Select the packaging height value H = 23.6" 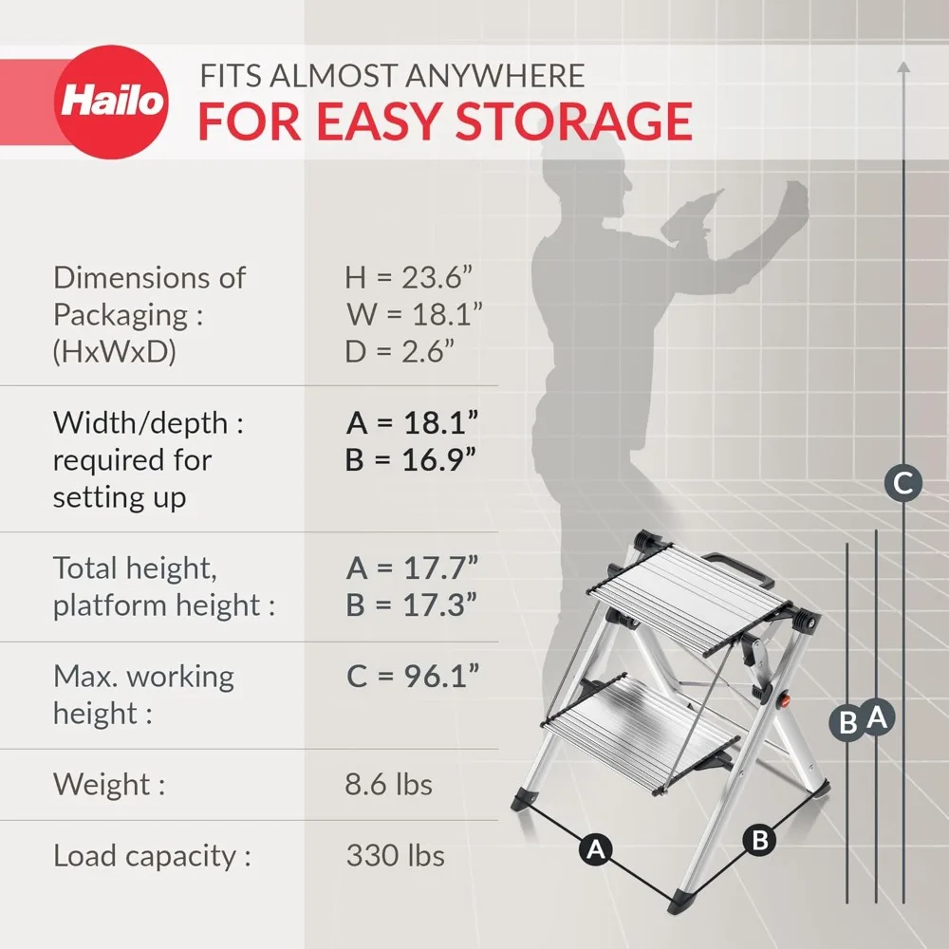409,278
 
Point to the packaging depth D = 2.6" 400,353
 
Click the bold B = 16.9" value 410,460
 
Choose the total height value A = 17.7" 411,568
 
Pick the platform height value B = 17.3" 411,605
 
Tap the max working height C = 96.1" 412,677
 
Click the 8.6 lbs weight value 389,785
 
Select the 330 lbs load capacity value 395,856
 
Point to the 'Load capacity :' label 152,856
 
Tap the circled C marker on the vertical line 903,483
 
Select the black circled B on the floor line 759,839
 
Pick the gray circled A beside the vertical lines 877,717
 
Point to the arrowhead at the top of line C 903,66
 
